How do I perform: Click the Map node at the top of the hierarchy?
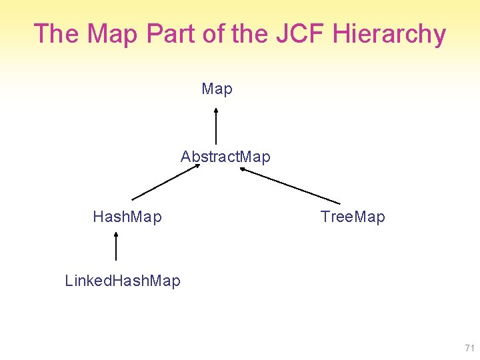click(x=217, y=89)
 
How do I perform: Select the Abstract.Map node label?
click(x=225, y=157)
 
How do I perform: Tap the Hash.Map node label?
click(x=127, y=217)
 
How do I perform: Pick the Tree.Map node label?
click(x=353, y=217)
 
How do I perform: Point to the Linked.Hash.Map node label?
click(x=123, y=281)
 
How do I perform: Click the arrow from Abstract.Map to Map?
click(x=216, y=126)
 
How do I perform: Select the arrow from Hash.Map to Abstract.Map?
click(x=165, y=182)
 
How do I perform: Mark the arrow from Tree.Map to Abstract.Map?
click(x=289, y=185)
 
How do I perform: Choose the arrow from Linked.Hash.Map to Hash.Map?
click(x=116, y=246)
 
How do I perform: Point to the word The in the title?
click(x=56, y=34)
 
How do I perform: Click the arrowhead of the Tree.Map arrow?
click(x=243, y=169)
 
